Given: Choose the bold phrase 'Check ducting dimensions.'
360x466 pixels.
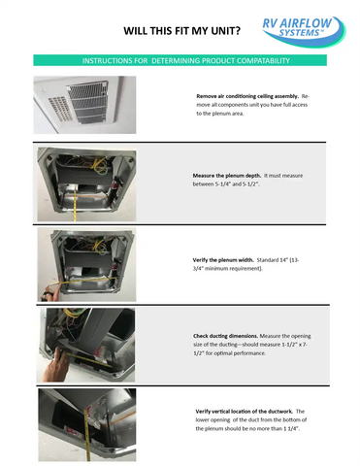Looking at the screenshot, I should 225,335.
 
